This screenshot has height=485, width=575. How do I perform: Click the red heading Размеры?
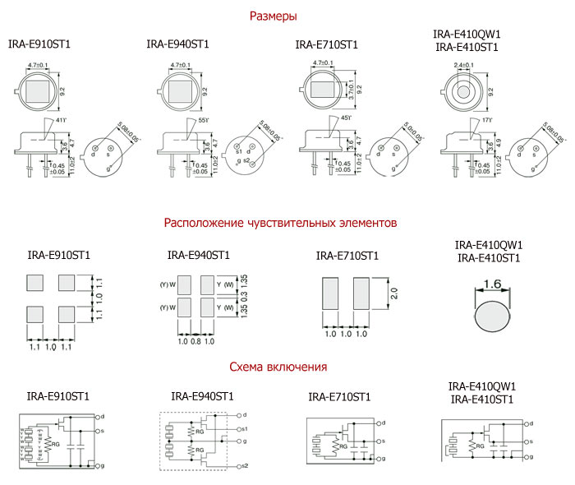tap(273, 16)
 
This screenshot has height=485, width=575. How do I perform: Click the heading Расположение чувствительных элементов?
tap(280, 223)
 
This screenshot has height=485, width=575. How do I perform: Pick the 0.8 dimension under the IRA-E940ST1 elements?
tap(195, 341)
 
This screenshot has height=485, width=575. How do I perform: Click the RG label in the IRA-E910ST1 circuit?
tap(56, 443)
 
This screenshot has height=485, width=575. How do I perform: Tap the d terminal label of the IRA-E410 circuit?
tap(531, 423)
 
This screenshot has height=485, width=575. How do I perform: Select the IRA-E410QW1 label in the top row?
tap(467, 34)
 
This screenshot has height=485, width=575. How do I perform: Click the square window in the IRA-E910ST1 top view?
tap(39, 88)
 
